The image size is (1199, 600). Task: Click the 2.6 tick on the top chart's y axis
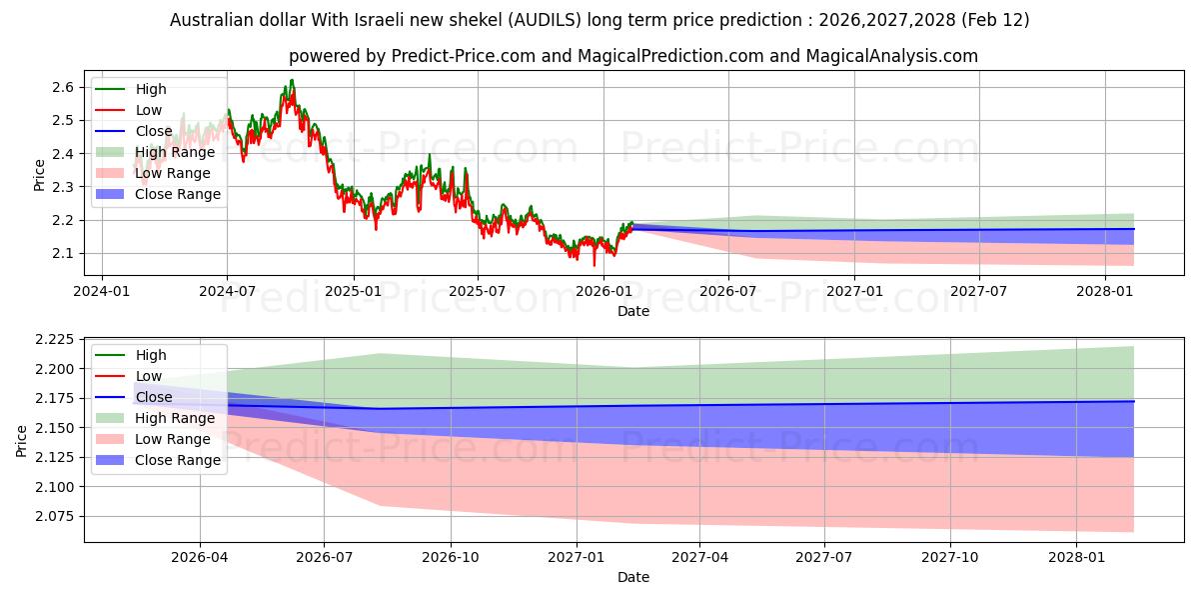pyautogui.click(x=61, y=87)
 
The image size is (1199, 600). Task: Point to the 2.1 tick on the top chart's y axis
pyautogui.click(x=61, y=253)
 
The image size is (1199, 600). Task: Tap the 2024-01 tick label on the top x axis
pyautogui.click(x=102, y=291)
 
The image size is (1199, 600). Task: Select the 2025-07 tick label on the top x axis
pyautogui.click(x=477, y=291)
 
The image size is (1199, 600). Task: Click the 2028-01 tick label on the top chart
pyautogui.click(x=1104, y=291)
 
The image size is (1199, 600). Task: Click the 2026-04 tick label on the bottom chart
pyautogui.click(x=200, y=558)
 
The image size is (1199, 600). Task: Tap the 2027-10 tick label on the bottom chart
pyautogui.click(x=950, y=558)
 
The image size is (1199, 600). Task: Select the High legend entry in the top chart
pyautogui.click(x=151, y=89)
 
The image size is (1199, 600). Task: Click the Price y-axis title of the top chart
pyautogui.click(x=39, y=174)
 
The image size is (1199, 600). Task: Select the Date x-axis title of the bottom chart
pyautogui.click(x=633, y=577)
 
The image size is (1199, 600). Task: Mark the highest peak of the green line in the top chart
pyautogui.click(x=292, y=80)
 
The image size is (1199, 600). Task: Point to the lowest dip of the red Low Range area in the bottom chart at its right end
pyautogui.click(x=1133, y=531)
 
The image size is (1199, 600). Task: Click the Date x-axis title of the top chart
pyautogui.click(x=633, y=311)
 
